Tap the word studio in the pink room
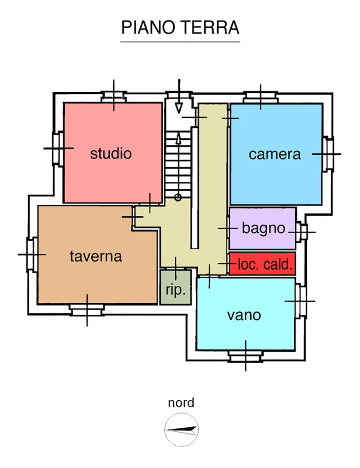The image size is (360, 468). [111, 154]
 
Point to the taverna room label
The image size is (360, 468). [95, 256]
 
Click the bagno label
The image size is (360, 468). [263, 228]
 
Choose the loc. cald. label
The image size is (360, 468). [265, 265]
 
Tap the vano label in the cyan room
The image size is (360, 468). [244, 315]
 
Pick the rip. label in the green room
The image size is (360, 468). [175, 289]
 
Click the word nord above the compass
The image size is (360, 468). [181, 402]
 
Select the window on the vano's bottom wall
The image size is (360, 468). [245, 355]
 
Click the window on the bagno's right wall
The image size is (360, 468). [302, 232]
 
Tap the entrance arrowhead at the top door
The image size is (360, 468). [179, 108]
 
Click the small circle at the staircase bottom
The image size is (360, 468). [178, 198]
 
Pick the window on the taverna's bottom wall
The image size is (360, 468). [87, 309]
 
